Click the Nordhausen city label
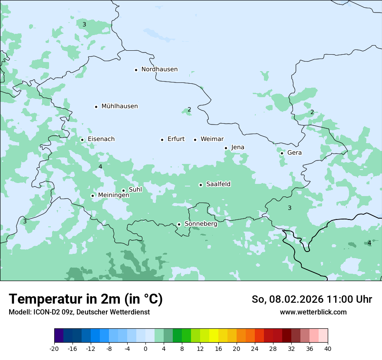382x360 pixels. click(x=159, y=69)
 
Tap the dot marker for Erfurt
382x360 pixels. click(x=162, y=140)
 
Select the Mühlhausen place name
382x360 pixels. click(x=119, y=106)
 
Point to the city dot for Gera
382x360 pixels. click(x=282, y=153)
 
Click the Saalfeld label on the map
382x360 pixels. click(x=218, y=184)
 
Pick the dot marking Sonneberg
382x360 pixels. click(x=179, y=224)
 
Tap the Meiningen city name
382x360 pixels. click(x=113, y=195)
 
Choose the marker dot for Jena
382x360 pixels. click(x=226, y=148)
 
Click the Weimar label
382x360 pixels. click(x=212, y=139)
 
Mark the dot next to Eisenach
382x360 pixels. click(x=82, y=140)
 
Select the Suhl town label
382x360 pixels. click(x=135, y=190)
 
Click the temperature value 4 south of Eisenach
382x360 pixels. click(x=100, y=167)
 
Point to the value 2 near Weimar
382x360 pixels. click(x=189, y=109)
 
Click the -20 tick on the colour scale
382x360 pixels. click(x=54, y=349)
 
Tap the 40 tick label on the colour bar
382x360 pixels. click(x=327, y=349)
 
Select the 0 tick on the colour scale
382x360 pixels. click(x=145, y=349)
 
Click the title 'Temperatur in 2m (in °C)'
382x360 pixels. click(x=86, y=299)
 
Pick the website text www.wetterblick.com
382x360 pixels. click(x=313, y=312)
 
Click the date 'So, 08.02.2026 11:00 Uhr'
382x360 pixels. click(x=312, y=299)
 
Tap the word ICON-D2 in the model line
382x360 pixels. click(x=45, y=312)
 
